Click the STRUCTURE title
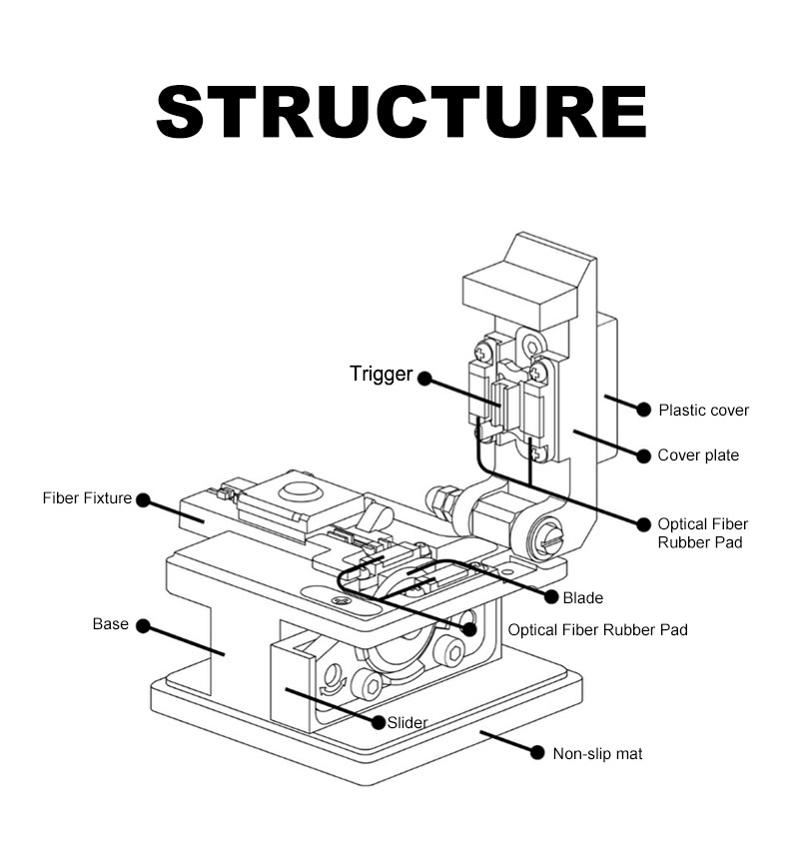tap(401, 112)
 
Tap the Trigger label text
tap(381, 375)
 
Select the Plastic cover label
tap(703, 410)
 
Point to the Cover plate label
tap(698, 455)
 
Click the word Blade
tap(582, 597)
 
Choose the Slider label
tap(407, 722)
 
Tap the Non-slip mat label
tap(597, 753)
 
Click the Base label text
tap(111, 624)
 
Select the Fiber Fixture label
tap(87, 497)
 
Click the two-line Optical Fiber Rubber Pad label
tap(702, 533)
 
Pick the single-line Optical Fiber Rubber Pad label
tap(597, 630)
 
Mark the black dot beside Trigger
tap(424, 379)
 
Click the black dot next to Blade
tap(549, 597)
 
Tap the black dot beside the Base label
tap(143, 626)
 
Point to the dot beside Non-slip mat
tap(535, 753)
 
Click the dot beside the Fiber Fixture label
tap(142, 499)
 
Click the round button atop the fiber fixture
tap(297, 490)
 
